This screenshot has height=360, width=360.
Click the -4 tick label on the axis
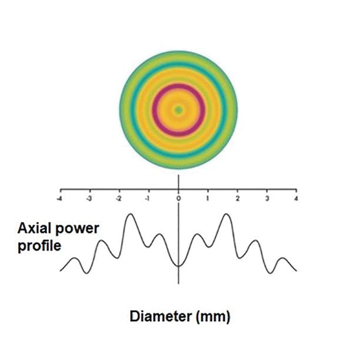click(x=59, y=199)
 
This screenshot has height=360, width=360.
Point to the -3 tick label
click(x=89, y=199)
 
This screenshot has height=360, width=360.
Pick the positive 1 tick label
click(x=208, y=199)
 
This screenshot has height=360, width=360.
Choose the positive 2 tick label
click(x=237, y=199)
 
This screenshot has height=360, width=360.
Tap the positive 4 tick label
click(x=296, y=199)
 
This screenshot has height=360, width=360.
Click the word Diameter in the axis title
click(x=158, y=318)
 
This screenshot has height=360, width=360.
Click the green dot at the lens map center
click(x=178, y=109)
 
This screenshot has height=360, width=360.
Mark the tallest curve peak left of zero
click(x=130, y=215)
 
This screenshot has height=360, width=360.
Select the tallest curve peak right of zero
click(x=226, y=215)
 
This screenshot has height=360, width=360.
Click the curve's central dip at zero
click(x=178, y=266)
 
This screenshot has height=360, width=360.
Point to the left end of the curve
click(x=61, y=270)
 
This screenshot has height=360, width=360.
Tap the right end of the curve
click(x=296, y=271)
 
